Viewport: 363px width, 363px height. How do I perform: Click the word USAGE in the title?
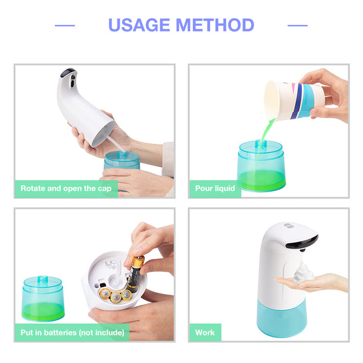pyautogui.click(x=139, y=25)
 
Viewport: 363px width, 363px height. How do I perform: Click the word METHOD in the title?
pyautogui.click(x=215, y=25)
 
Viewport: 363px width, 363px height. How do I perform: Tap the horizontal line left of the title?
pyautogui.click(x=65, y=25)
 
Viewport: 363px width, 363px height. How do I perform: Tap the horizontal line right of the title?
pyautogui.click(x=298, y=25)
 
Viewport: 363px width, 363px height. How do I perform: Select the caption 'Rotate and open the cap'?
pyautogui.click(x=66, y=188)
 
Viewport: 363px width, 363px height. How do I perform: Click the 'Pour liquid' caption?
pyautogui.click(x=215, y=188)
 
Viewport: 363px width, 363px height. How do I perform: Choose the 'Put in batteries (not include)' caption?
pyautogui.click(x=73, y=333)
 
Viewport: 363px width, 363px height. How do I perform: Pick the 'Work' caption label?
pyautogui.click(x=205, y=333)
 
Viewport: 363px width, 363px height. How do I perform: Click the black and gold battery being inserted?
pyautogui.click(x=134, y=274)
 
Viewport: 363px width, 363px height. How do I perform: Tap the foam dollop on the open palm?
pyautogui.click(x=303, y=273)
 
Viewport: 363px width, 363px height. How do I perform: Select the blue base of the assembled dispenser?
pyautogui.click(x=282, y=318)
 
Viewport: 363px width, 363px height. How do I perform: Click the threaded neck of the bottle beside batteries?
pyautogui.click(x=42, y=279)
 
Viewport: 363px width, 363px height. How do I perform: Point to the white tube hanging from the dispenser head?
pyautogui.click(x=116, y=143)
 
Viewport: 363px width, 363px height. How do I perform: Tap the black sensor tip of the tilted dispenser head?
pyautogui.click(x=69, y=72)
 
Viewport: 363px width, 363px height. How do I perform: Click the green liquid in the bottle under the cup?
pyautogui.click(x=261, y=180)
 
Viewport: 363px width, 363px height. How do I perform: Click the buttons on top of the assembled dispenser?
pyautogui.click(x=288, y=226)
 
